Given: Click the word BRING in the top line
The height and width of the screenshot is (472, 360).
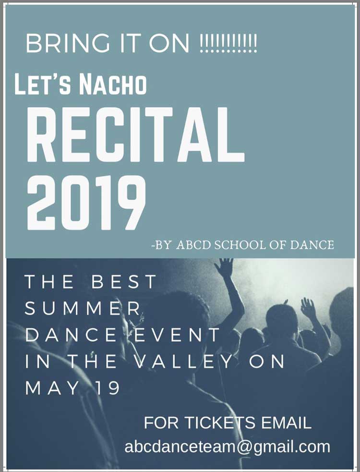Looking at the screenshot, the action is pyautogui.click(x=68, y=44).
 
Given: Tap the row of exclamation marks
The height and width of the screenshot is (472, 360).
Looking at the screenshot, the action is pyautogui.click(x=228, y=44).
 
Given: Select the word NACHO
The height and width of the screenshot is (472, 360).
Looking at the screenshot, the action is pyautogui.click(x=113, y=85).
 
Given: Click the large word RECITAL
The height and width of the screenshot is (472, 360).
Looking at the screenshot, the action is pyautogui.click(x=135, y=134).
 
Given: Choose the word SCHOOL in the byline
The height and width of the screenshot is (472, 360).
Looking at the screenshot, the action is pyautogui.click(x=240, y=245).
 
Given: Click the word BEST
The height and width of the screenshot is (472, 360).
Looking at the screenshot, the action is pyautogui.click(x=124, y=281).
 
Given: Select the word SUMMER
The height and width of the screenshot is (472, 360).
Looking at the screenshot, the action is pyautogui.click(x=83, y=308).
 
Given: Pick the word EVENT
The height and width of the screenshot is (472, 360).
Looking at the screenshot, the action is pyautogui.click(x=177, y=335).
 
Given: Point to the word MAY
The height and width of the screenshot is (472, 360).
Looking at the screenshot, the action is pyautogui.click(x=52, y=388).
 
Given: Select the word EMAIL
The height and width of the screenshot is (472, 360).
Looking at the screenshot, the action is pyautogui.click(x=286, y=423).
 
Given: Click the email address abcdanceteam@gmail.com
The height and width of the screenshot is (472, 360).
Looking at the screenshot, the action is pyautogui.click(x=227, y=447).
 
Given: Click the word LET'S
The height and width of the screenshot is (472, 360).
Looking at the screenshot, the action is pyautogui.click(x=43, y=85).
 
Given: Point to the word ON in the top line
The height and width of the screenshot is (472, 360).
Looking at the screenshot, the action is pyautogui.click(x=169, y=44).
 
